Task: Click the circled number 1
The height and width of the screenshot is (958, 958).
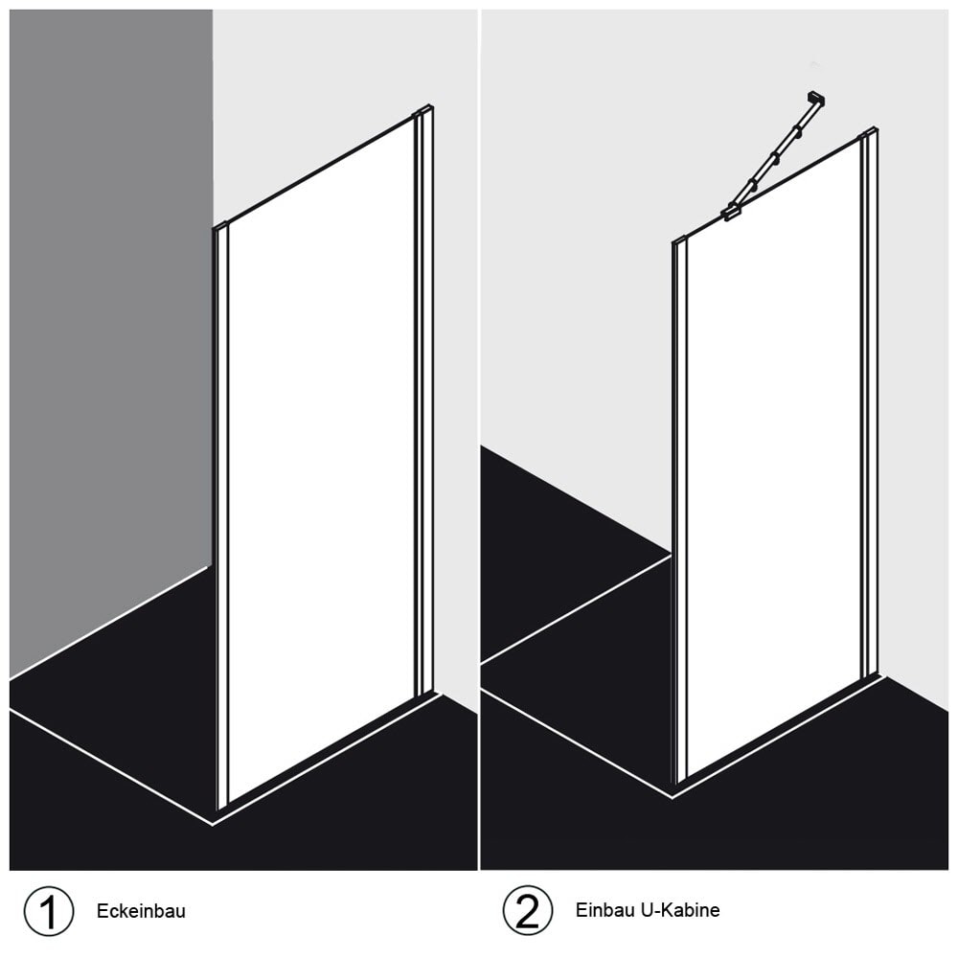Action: click(48, 911)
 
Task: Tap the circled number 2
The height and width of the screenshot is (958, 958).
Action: click(527, 910)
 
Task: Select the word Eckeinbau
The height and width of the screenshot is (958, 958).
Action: click(141, 911)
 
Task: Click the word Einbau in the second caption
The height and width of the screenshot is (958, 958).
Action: click(604, 910)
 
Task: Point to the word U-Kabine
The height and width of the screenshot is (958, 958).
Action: click(680, 910)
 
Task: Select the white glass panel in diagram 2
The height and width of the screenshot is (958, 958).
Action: click(773, 458)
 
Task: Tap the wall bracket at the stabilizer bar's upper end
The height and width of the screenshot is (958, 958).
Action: click(815, 98)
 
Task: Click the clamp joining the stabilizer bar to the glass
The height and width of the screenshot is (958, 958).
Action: click(731, 212)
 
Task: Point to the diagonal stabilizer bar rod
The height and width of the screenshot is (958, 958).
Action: click(771, 156)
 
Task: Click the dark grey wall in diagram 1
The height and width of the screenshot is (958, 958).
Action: click(111, 342)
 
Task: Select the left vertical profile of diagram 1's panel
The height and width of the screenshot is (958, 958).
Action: click(221, 516)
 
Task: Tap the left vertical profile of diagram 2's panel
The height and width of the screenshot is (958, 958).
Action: click(679, 513)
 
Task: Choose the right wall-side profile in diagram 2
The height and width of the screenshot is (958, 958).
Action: click(870, 403)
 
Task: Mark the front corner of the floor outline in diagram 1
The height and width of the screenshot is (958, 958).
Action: click(213, 825)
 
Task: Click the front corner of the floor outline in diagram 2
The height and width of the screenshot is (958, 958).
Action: click(673, 797)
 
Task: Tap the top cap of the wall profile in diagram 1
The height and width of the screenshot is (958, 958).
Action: click(423, 110)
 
